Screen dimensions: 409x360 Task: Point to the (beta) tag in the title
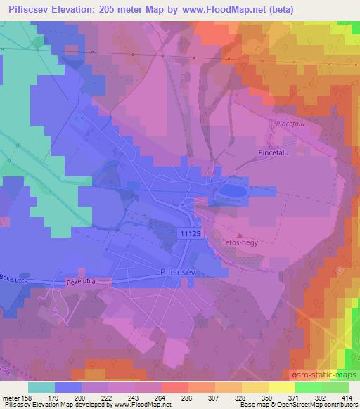[x=279, y=10]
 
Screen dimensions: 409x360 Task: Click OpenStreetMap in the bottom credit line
[x=321, y=405]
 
